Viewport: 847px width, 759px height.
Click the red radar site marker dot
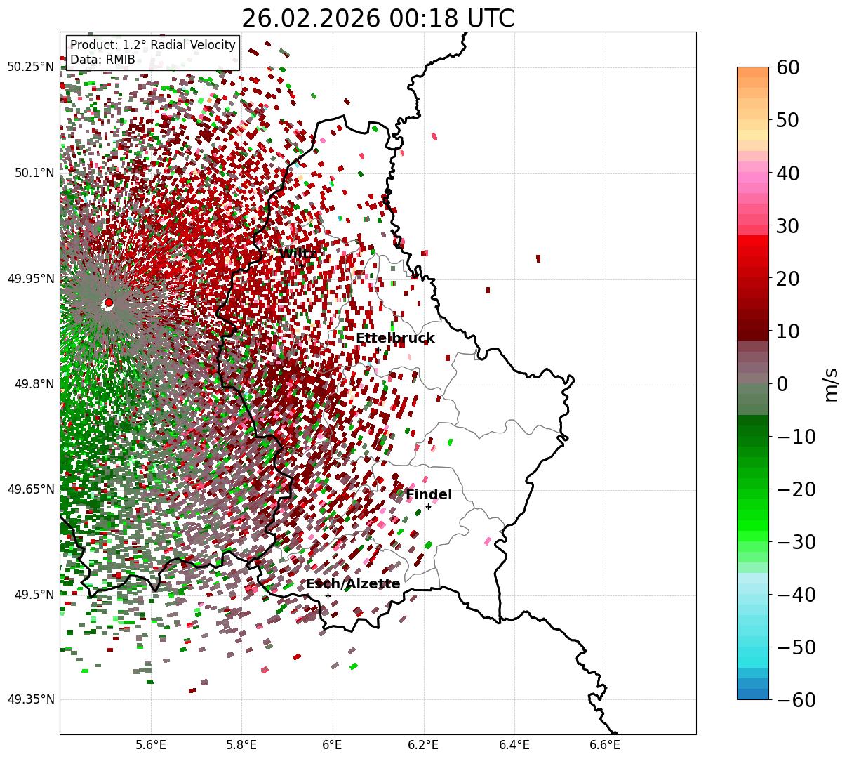tap(108, 303)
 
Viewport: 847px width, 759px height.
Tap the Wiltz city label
tap(298, 253)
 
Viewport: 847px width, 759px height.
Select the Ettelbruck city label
tap(395, 338)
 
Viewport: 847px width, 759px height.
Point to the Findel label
tap(429, 495)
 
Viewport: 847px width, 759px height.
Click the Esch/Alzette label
tap(353, 584)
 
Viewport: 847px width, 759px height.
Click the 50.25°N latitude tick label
tap(30, 67)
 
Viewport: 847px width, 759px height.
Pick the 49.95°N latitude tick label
tap(30, 279)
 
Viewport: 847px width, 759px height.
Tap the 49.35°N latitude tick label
tap(30, 699)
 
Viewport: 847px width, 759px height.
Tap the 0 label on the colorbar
tap(781, 384)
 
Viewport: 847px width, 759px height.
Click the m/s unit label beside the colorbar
tap(831, 384)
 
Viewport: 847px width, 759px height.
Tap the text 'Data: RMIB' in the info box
tap(102, 60)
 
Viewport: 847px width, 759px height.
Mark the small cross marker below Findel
tap(428, 506)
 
